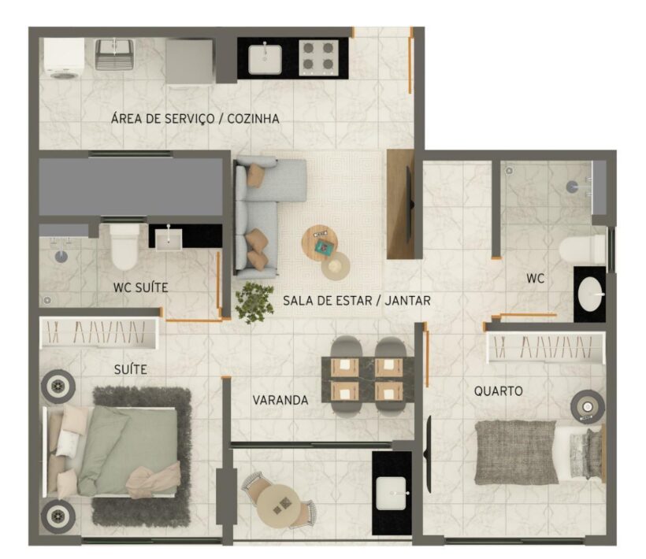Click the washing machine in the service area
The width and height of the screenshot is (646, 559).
pyautogui.click(x=64, y=58)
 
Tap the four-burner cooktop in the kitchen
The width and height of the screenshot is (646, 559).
pyautogui.click(x=318, y=57)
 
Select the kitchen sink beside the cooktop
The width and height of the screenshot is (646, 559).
pyautogui.click(x=265, y=60)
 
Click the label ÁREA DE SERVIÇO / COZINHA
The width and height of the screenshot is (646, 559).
pyautogui.click(x=195, y=119)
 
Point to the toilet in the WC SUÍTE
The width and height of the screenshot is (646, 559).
pyautogui.click(x=124, y=246)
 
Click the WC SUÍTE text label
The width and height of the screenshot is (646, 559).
pyautogui.click(x=141, y=287)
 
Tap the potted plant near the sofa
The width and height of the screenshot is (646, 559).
pyautogui.click(x=254, y=302)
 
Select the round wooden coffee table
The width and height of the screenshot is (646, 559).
pyautogui.click(x=320, y=242)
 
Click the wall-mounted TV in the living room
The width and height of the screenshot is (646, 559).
pyautogui.click(x=410, y=204)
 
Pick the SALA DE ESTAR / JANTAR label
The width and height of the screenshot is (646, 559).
pyautogui.click(x=357, y=301)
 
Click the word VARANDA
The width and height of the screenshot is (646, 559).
pyautogui.click(x=280, y=400)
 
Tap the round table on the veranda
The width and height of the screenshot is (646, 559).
pyautogui.click(x=279, y=504)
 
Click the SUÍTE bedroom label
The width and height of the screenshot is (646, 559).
pyautogui.click(x=131, y=369)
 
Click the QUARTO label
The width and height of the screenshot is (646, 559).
pyautogui.click(x=499, y=391)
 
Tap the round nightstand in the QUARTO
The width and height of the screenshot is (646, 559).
pyautogui.click(x=588, y=406)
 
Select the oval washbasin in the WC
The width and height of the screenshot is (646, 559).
pyautogui.click(x=590, y=294)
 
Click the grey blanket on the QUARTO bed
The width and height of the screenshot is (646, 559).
pyautogui.click(x=516, y=452)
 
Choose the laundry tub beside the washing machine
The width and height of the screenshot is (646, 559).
pyautogui.click(x=114, y=54)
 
